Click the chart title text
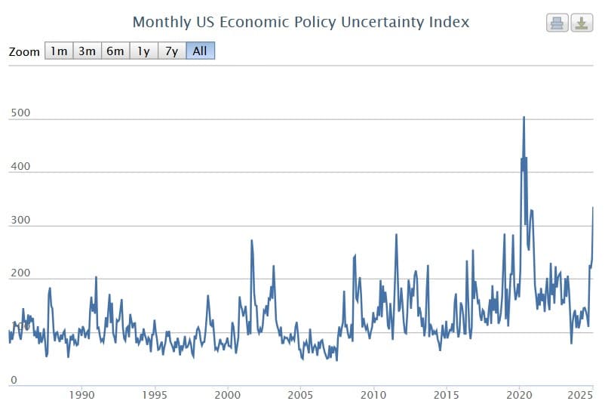click(x=300, y=22)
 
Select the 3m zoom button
click(x=87, y=51)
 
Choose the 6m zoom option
click(x=115, y=51)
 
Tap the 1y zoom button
click(x=143, y=51)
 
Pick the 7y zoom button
click(x=171, y=51)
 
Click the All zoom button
click(x=200, y=51)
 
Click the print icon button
click(x=557, y=23)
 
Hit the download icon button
click(x=582, y=23)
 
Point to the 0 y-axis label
click(x=13, y=379)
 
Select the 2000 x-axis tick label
click(x=228, y=394)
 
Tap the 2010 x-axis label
click(x=373, y=394)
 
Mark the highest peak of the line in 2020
click(x=524, y=117)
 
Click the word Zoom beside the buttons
click(x=25, y=52)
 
